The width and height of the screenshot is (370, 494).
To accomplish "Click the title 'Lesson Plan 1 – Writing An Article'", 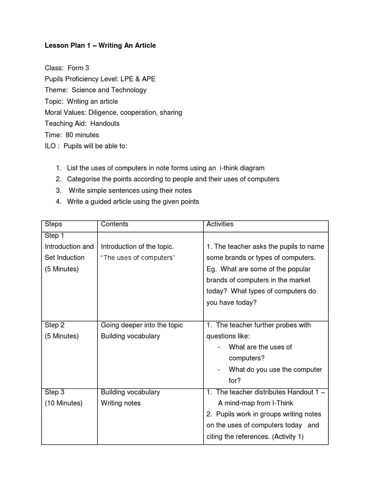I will [100, 45].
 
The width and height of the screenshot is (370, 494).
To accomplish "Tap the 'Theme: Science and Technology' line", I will [95, 90].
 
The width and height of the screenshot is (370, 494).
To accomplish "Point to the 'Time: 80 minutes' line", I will [72, 135].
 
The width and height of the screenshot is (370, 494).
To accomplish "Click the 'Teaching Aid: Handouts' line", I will [82, 124].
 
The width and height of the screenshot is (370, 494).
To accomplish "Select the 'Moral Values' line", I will [113, 112].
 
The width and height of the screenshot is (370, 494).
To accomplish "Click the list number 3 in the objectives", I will [58, 191].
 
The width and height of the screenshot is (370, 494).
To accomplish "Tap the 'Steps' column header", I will [53, 224].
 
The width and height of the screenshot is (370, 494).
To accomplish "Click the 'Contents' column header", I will [115, 224].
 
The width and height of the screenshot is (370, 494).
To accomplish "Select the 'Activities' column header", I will [220, 224].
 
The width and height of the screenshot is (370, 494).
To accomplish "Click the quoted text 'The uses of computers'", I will [138, 258].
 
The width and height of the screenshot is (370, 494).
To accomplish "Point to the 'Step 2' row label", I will [54, 325].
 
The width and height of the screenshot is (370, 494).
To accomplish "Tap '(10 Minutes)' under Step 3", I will [64, 403].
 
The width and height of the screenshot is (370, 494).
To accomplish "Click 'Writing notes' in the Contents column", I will [121, 403].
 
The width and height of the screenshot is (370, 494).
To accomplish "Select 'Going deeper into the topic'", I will [142, 325].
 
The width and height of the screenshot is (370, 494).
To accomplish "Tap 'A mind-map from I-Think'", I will [255, 403].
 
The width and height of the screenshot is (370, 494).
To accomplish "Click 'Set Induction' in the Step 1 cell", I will [65, 258].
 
